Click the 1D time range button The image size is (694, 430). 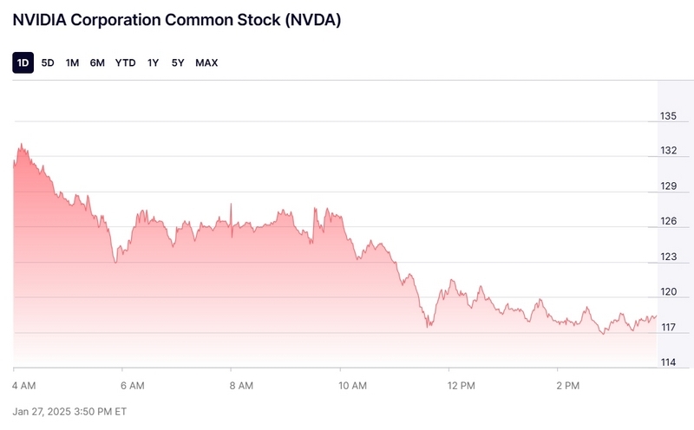[23, 62]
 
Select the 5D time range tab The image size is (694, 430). [48, 62]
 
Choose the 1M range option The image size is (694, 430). [72, 62]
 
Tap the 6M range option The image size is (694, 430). [97, 62]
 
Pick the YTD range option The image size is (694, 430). [126, 62]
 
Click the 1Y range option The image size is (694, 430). [153, 62]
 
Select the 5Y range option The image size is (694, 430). [178, 62]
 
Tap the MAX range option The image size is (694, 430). [206, 62]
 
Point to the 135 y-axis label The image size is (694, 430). [669, 116]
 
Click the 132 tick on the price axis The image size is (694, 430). [669, 151]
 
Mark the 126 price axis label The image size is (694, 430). [669, 222]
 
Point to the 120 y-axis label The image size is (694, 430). [669, 292]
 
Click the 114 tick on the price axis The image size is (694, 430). [669, 362]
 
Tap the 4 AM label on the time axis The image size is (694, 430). [24, 384]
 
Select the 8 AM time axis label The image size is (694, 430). [241, 384]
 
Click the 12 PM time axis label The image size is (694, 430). [461, 384]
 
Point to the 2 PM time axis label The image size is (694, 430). [568, 384]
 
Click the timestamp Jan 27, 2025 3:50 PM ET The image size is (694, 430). [70, 410]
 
